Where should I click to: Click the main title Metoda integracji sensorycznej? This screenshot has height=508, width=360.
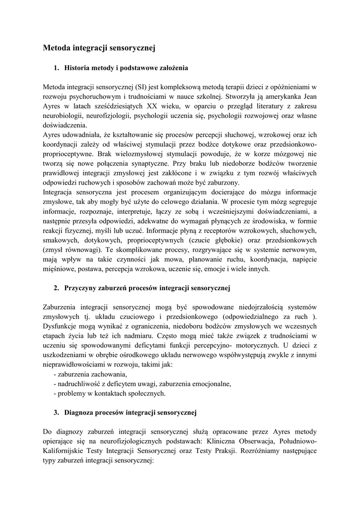[x=99, y=48]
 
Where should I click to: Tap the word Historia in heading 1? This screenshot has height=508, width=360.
[x=77, y=67]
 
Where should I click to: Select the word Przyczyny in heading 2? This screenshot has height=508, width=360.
[x=80, y=288]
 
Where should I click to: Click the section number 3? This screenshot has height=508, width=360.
[x=56, y=412]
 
